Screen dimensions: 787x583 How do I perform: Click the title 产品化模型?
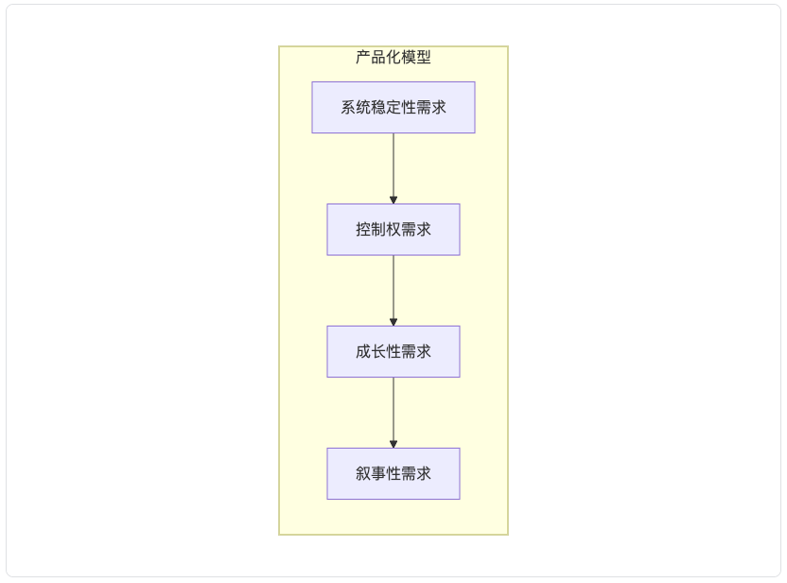click(x=393, y=57)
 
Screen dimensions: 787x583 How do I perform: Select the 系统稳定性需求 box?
click(x=393, y=108)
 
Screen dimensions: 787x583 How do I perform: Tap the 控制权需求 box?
click(x=393, y=229)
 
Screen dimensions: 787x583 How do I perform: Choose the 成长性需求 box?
click(x=393, y=351)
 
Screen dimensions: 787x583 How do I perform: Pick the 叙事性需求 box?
click(x=393, y=473)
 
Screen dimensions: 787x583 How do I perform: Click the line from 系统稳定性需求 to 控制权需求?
click(x=393, y=168)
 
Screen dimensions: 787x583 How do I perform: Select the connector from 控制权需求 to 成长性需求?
click(x=393, y=291)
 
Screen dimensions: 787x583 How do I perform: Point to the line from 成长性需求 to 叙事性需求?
click(x=393, y=413)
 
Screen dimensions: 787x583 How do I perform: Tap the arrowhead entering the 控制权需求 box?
click(x=393, y=201)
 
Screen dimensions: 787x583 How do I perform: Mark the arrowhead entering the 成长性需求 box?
click(x=393, y=323)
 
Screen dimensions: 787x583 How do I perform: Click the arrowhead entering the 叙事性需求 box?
click(x=393, y=445)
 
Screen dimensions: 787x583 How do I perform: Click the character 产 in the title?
click(x=363, y=57)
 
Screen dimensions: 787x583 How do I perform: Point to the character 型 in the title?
click(x=424, y=57)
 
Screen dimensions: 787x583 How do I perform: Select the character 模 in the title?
click(x=409, y=57)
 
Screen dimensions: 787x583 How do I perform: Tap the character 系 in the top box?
click(x=348, y=108)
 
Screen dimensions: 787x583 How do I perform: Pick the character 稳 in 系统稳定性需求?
click(x=378, y=108)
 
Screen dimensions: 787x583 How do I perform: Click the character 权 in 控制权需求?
click(x=393, y=229)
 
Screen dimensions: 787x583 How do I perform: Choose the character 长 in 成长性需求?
click(x=378, y=351)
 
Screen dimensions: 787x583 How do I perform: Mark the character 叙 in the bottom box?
click(x=363, y=473)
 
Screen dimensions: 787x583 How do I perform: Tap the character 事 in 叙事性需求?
click(x=378, y=473)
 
